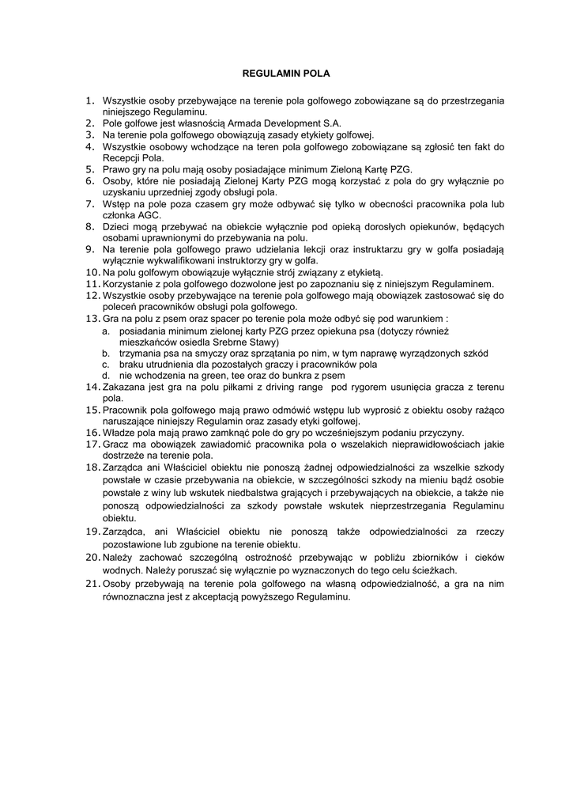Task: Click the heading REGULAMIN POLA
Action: point(285,74)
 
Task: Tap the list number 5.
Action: point(90,169)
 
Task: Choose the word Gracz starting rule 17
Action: point(116,445)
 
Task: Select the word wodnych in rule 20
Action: point(120,570)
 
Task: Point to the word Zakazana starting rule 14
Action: point(123,388)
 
